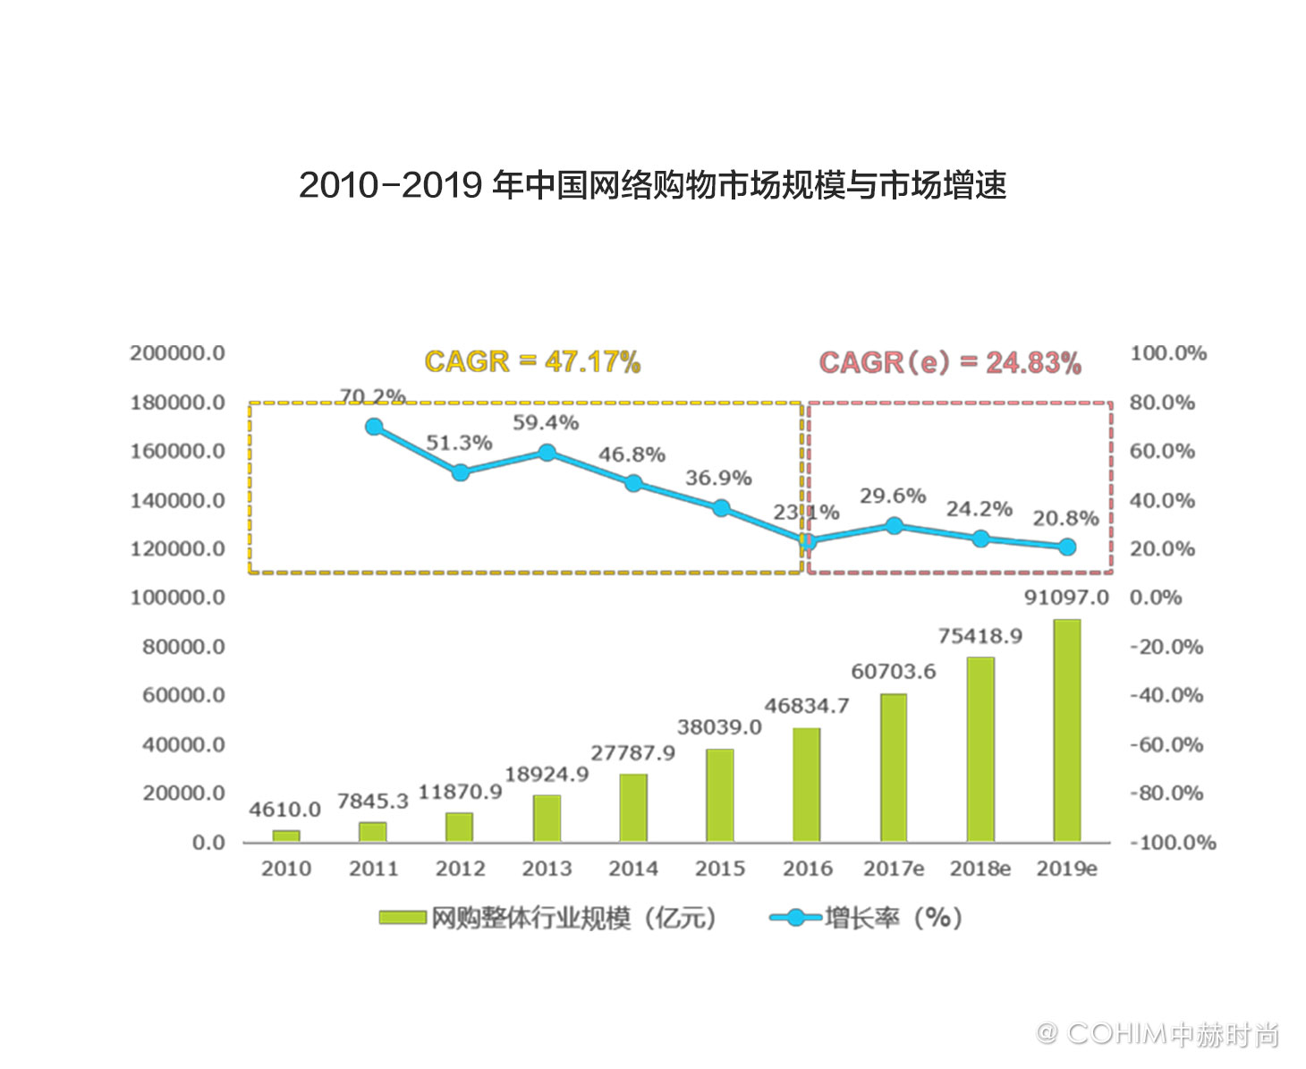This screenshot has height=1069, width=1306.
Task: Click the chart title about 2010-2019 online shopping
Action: coord(652,185)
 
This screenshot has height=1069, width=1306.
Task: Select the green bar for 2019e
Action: coord(1066,730)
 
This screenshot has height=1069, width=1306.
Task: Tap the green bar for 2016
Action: coord(806,785)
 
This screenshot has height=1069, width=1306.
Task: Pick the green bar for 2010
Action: coord(286,836)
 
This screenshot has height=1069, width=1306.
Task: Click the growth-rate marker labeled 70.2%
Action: coord(374,427)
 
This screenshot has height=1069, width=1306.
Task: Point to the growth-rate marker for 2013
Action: coord(547,453)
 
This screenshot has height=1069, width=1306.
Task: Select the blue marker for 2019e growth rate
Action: coord(1066,547)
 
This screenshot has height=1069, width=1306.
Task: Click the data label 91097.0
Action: coord(1065,598)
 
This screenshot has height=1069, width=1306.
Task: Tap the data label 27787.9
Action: coord(632,753)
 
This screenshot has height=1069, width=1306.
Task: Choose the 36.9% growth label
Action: coord(718,478)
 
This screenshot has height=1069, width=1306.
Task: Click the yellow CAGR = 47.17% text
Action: coord(532,362)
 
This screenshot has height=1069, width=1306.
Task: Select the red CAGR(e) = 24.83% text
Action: coord(950,363)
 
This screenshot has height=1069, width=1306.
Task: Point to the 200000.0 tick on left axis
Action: coord(177,353)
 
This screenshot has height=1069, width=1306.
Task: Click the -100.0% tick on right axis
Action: coord(1172,843)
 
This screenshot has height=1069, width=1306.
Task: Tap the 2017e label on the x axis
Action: coord(893,869)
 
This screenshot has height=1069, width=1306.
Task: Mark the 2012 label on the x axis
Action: coord(460,869)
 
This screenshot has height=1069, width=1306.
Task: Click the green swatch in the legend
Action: coord(402,918)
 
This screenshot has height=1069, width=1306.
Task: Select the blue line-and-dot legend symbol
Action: coord(794,918)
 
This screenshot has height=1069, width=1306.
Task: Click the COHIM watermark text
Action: coord(1158,1034)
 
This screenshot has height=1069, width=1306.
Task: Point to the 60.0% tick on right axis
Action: coord(1161,451)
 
